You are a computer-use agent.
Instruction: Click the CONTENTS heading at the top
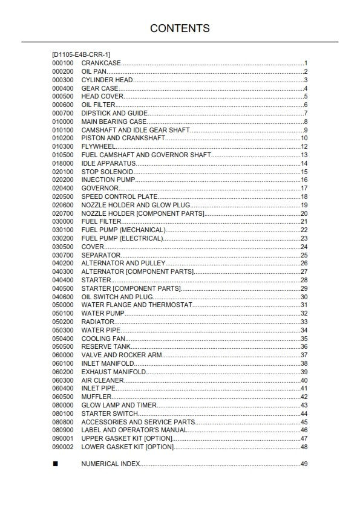coord(180,28)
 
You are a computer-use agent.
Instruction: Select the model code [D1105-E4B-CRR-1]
coord(81,54)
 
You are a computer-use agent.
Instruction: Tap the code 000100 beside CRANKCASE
coord(63,63)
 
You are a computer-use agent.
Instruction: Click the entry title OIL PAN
coord(94,71)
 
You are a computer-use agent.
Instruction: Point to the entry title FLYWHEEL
coord(99,146)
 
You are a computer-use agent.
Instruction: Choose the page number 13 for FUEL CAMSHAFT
coord(304,155)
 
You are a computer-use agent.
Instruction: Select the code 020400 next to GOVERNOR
coord(63,188)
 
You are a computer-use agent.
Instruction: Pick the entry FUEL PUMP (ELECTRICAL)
coord(122,238)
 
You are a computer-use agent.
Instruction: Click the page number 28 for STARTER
coord(304,280)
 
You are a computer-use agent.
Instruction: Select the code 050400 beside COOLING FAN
coord(63,339)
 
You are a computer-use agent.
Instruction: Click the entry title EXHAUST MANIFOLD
coord(114,372)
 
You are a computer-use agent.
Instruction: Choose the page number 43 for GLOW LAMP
coord(304,405)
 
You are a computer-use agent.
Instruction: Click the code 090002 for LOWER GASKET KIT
coord(63,447)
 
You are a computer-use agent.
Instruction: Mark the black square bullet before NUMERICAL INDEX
coord(55,464)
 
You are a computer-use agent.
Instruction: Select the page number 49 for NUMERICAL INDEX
coord(304,464)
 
